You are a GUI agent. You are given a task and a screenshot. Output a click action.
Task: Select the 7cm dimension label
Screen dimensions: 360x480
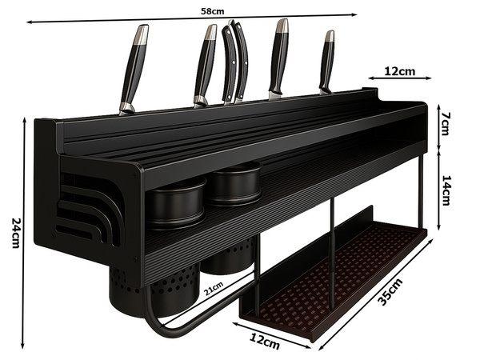tap(445, 125)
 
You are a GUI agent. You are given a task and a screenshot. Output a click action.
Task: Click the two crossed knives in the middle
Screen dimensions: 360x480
tap(235, 60)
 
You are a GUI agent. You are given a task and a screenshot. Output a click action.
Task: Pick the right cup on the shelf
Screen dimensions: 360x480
tap(234, 185)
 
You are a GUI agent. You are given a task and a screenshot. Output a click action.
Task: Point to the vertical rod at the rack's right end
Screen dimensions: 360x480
tap(420, 192)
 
